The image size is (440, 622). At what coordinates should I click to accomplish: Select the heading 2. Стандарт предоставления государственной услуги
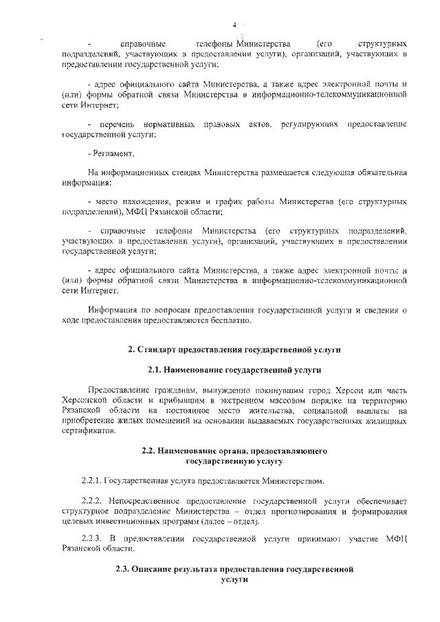pos(234,350)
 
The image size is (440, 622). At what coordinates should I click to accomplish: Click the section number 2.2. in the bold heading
pos(150,451)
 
